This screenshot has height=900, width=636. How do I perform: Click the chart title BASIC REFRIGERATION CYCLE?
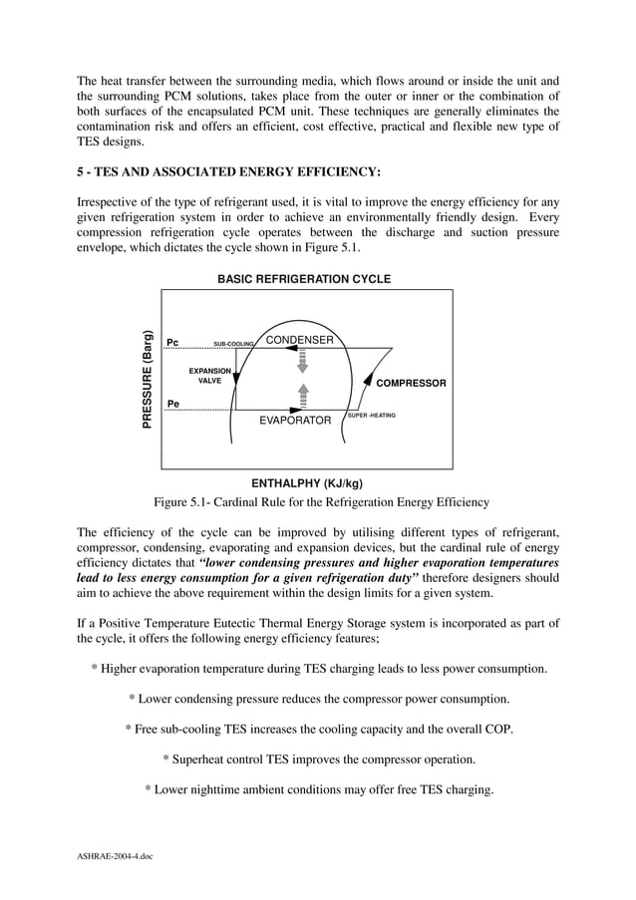pos(304,279)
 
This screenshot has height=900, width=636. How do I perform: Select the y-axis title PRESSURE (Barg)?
pos(148,380)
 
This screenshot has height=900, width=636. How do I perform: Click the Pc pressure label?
pos(172,342)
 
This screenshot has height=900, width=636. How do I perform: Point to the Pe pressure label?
pos(172,404)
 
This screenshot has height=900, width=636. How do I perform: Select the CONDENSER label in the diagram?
pos(299,340)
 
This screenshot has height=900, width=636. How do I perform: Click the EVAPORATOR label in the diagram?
pos(295,421)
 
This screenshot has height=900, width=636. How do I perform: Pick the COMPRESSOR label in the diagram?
pos(411,383)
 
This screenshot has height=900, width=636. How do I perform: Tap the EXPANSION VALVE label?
pos(210,376)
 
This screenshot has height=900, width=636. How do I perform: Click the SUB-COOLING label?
pos(234,344)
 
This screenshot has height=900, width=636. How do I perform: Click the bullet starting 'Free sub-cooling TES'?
pos(319,729)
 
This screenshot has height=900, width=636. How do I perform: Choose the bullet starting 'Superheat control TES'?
pos(319,759)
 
